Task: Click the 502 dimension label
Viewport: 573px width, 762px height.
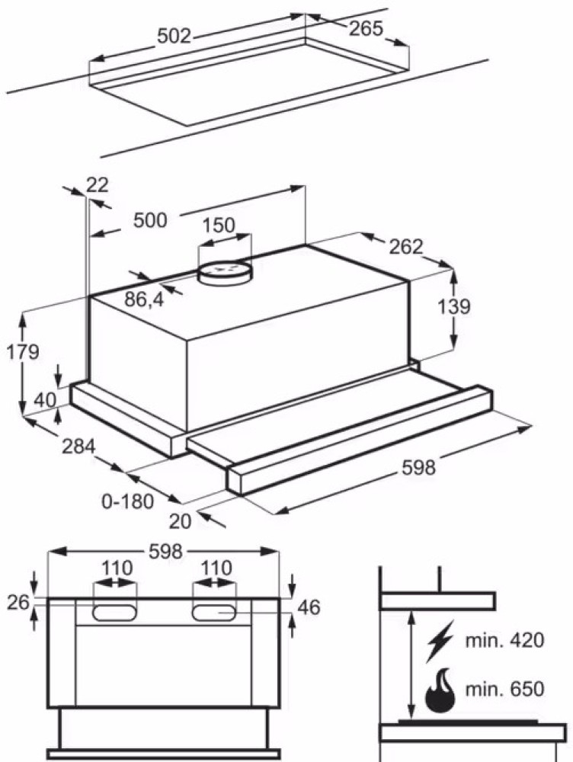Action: (x=174, y=36)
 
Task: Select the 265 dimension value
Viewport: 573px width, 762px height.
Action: (x=366, y=29)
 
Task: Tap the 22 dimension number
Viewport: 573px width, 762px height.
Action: (x=98, y=184)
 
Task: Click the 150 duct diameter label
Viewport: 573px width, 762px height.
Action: (x=219, y=226)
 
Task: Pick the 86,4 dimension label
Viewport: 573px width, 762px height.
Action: (x=144, y=299)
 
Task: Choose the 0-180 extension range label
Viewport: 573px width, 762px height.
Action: (x=128, y=501)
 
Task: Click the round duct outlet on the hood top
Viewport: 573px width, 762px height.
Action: (x=224, y=270)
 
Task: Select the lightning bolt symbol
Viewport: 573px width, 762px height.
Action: (x=440, y=640)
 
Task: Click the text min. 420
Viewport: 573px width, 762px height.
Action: (x=504, y=640)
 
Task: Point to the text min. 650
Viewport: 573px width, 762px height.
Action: (x=504, y=690)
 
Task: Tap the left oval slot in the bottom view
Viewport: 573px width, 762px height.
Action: (x=115, y=611)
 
